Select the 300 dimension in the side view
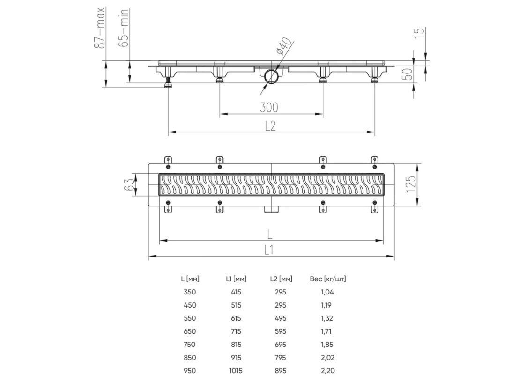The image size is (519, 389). click(269, 108)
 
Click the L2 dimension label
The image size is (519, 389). click(270, 126)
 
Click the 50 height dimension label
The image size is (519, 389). click(408, 74)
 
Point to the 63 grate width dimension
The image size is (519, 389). click(130, 184)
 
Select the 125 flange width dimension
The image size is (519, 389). click(410, 184)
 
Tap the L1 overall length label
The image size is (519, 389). click(269, 250)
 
